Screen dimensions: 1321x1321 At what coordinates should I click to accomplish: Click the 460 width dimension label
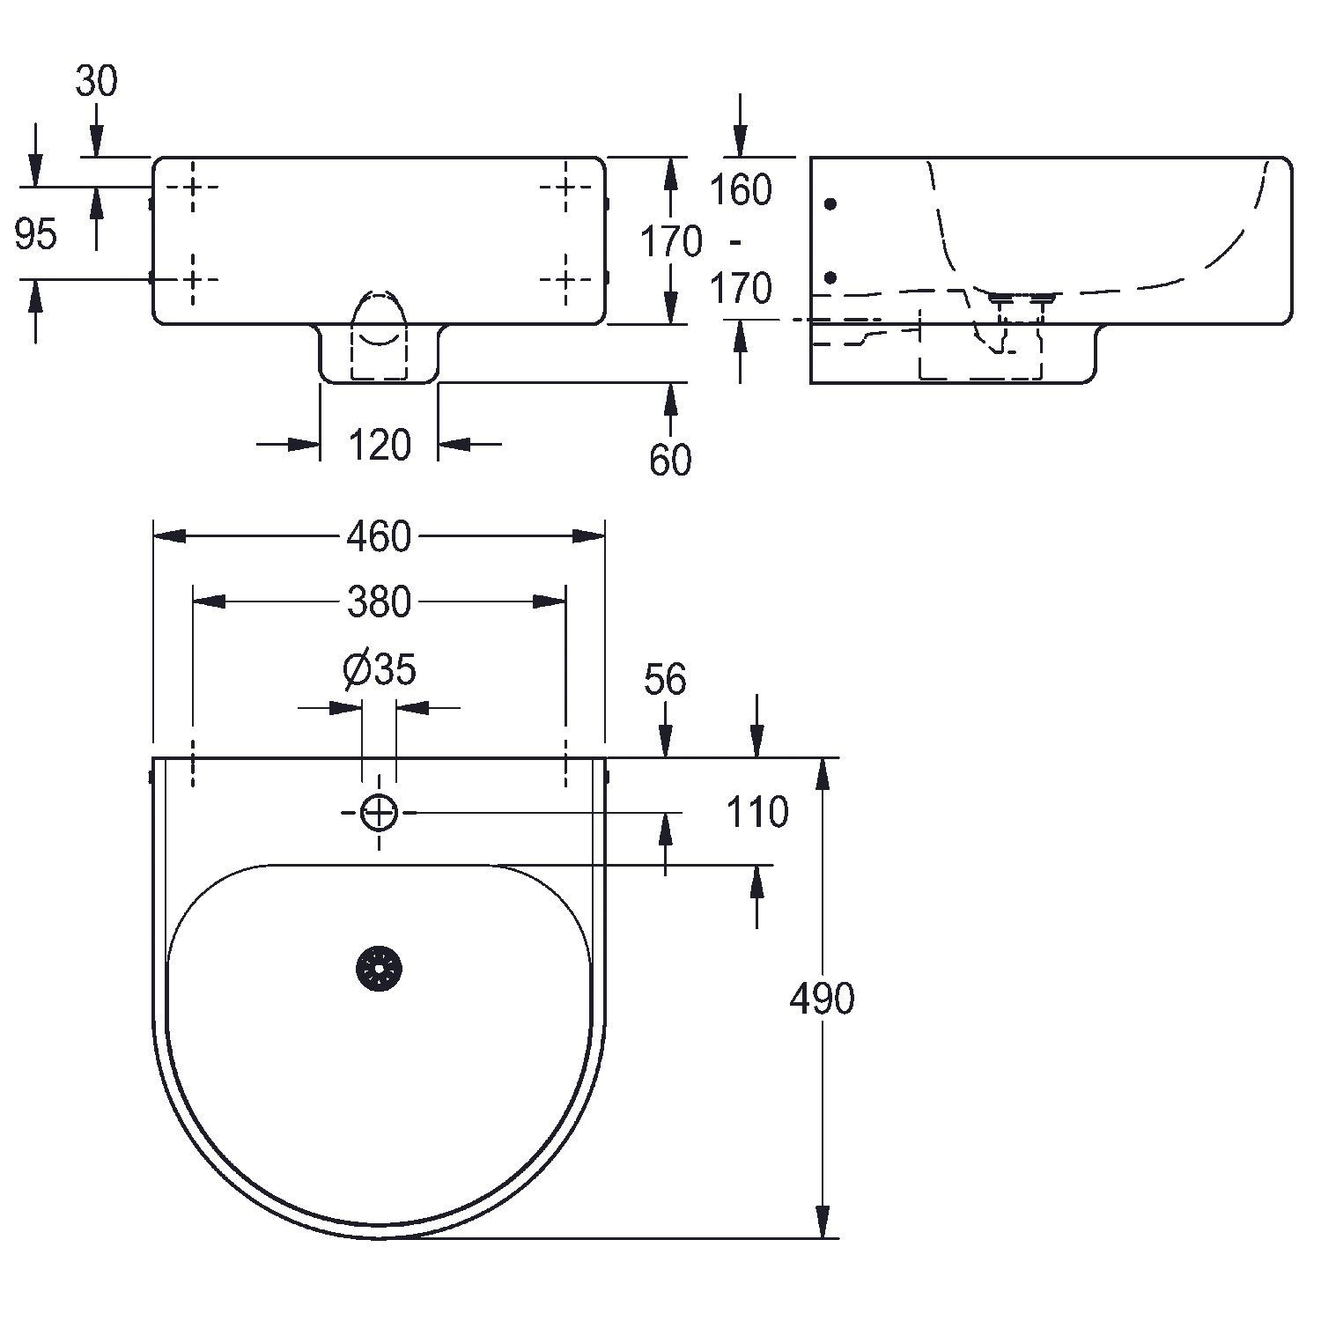pyautogui.click(x=379, y=536)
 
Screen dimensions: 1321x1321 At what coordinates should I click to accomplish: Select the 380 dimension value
pyautogui.click(x=380, y=602)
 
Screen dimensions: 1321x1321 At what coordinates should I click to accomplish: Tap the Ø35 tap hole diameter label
pyautogui.click(x=379, y=670)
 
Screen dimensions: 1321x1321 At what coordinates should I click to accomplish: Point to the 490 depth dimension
pyautogui.click(x=822, y=1000)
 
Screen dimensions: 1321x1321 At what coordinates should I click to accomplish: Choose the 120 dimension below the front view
pyautogui.click(x=379, y=446)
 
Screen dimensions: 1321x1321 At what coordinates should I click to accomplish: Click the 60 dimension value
pyautogui.click(x=670, y=461)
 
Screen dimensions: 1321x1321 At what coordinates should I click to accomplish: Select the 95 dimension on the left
pyautogui.click(x=36, y=234)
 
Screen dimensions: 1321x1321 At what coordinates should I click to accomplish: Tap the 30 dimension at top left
pyautogui.click(x=96, y=82)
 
